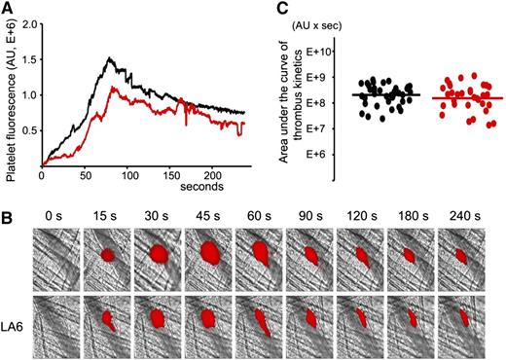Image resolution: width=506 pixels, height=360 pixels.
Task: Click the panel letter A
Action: click(7, 9)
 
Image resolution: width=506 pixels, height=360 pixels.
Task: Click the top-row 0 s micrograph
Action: click(55, 256)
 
